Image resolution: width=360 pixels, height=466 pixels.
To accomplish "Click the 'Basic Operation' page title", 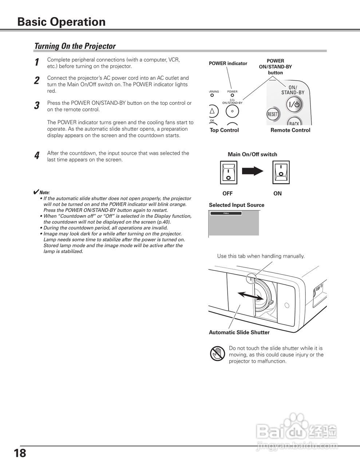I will [x=61, y=22].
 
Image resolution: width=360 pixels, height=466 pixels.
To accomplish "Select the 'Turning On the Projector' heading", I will [x=75, y=46].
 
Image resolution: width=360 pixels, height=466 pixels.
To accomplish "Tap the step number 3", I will [x=37, y=106].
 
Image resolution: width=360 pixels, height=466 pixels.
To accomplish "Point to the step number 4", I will [x=37, y=156].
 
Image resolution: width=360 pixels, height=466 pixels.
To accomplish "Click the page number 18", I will [x=20, y=454].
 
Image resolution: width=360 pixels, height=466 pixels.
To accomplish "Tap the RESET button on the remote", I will [x=273, y=114].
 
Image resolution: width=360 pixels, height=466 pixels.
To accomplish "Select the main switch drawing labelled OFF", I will [x=228, y=173].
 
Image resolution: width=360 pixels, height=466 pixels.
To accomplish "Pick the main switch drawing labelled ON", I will [x=280, y=173].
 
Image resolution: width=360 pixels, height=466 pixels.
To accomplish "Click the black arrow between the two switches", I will [x=253, y=171].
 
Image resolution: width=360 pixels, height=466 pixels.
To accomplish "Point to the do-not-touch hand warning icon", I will [x=218, y=353].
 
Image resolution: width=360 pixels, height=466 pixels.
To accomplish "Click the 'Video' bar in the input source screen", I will [x=226, y=213].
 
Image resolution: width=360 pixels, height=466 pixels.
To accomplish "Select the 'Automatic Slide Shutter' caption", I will [x=239, y=332].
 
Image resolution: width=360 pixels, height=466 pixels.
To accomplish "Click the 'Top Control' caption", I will [x=224, y=130].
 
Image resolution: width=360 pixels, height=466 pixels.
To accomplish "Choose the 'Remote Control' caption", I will [x=290, y=130].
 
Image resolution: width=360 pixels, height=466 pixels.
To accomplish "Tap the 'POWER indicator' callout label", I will [x=228, y=63].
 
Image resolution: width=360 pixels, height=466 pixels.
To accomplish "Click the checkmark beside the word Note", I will [x=36, y=192].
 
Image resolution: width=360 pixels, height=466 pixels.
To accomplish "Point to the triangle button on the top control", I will [x=212, y=111].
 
